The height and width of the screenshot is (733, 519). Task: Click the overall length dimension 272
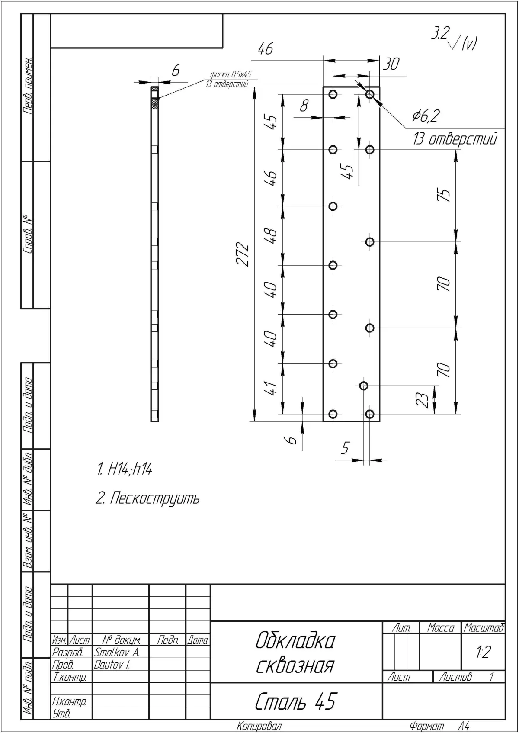pyautogui.click(x=243, y=254)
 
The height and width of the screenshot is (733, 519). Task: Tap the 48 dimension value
pyautogui.click(x=272, y=235)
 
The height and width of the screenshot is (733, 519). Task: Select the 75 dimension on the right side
pyautogui.click(x=444, y=195)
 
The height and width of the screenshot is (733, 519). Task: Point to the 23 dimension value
pyautogui.click(x=423, y=400)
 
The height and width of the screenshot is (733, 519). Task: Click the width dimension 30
pyautogui.click(x=391, y=64)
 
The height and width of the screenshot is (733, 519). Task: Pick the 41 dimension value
pyautogui.click(x=272, y=388)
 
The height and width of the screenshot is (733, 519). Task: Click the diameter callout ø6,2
pyautogui.click(x=426, y=116)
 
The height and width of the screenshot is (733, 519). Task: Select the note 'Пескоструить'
pyautogui.click(x=154, y=499)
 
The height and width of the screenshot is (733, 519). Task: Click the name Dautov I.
pyautogui.click(x=112, y=664)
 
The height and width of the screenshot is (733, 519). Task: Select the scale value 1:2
pyautogui.click(x=483, y=652)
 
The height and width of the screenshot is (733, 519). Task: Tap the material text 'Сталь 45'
pyautogui.click(x=295, y=701)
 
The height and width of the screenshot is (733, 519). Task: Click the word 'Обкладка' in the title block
pyautogui.click(x=295, y=641)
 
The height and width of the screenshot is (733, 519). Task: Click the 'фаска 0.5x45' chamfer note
pyautogui.click(x=231, y=74)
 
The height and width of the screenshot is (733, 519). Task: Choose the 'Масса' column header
pyautogui.click(x=441, y=628)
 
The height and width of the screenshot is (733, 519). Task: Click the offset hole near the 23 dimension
pyautogui.click(x=364, y=386)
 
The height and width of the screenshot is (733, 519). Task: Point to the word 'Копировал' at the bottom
pyautogui.click(x=259, y=727)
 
